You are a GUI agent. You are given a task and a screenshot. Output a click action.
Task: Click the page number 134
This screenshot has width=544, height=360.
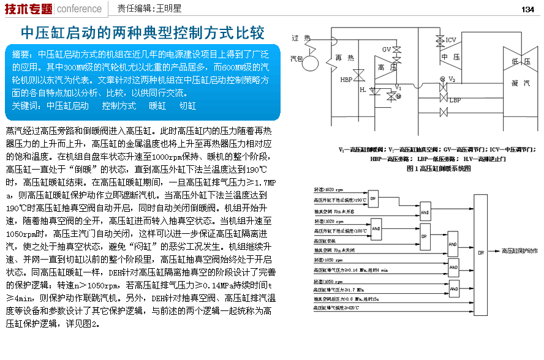[528, 9]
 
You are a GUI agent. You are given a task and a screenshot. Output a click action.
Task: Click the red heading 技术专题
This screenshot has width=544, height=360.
[28, 9]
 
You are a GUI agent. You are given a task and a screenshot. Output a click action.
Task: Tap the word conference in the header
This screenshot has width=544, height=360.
[79, 9]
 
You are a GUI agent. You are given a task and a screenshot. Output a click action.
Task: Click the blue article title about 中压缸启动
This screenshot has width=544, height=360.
[143, 32]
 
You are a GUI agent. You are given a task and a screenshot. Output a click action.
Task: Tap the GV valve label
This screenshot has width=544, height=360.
[387, 49]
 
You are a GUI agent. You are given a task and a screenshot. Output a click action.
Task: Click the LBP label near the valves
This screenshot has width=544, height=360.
[455, 100]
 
